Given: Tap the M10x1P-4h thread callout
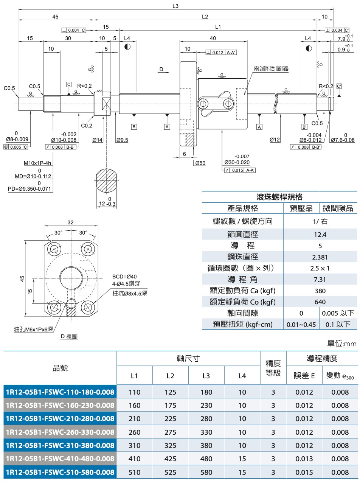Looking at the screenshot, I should tap(37, 163).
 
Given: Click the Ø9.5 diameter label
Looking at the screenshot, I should tap(122, 140).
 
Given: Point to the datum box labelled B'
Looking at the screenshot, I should tap(304, 127).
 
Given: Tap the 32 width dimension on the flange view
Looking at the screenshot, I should tap(71, 222).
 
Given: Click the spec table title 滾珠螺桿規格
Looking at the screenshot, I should tap(279, 197).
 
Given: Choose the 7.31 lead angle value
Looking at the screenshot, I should tap(320, 280).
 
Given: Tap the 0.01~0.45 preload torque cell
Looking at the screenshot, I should tap(301, 324).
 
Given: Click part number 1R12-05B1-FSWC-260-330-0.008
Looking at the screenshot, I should tap(60, 432).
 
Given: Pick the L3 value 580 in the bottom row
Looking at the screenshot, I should tap(206, 472).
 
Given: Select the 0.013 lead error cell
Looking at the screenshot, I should tap(304, 459).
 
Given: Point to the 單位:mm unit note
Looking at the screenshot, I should tap(341, 344).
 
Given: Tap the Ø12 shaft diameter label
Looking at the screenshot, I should tap(275, 140).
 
